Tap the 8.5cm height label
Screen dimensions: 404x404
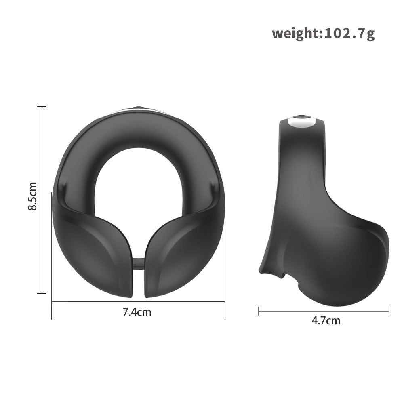coord(33,196)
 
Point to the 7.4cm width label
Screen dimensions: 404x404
coord(137,312)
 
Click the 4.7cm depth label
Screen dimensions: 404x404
coord(326,321)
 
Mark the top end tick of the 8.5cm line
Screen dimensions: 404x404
coord(41,107)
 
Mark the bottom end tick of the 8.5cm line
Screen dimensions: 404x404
coord(41,293)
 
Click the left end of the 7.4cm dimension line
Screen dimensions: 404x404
coord(52,301)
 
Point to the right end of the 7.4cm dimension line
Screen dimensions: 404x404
coord(225,301)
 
